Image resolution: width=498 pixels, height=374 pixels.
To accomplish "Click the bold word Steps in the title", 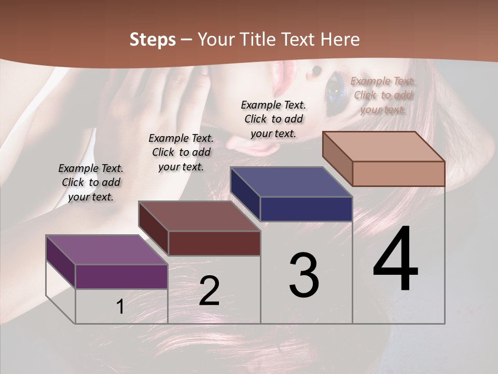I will [x=153, y=39].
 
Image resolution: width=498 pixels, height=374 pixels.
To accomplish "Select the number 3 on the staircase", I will [x=304, y=275].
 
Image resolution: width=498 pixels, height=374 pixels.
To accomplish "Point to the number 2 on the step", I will [x=209, y=291].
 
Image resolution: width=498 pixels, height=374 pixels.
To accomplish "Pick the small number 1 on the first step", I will [x=120, y=306].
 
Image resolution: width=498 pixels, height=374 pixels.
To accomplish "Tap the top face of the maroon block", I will [x=199, y=216].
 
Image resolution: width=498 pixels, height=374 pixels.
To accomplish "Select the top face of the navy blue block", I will [x=291, y=182].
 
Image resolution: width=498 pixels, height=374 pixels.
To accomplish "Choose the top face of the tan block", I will [x=384, y=146].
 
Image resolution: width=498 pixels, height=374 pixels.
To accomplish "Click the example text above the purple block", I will [x=91, y=182].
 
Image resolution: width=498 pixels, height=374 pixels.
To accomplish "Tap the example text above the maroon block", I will [x=181, y=152].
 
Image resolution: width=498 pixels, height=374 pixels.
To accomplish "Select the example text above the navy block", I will [x=273, y=119].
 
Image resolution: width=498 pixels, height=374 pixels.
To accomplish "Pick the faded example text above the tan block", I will [x=383, y=95].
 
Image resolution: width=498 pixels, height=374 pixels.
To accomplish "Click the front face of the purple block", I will [x=121, y=276].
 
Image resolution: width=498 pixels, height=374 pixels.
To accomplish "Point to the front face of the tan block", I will [x=398, y=173].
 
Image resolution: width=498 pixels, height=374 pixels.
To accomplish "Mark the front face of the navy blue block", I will [x=306, y=209].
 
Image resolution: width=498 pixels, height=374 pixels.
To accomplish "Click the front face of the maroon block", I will [x=214, y=243].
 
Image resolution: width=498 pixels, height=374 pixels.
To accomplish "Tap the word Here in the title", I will [x=340, y=39].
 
